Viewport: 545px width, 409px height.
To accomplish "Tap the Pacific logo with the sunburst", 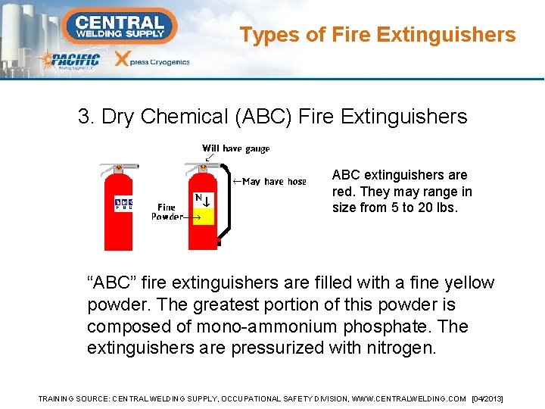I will pos(69,61).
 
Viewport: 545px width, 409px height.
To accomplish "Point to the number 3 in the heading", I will pos(84,117).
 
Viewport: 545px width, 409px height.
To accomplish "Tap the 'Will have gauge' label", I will pos(235,148).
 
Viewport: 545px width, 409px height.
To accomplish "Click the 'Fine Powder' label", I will pos(167,211).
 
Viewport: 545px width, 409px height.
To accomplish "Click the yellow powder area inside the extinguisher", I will pos(203,217).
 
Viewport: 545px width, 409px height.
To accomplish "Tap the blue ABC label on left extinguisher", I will pos(123,204).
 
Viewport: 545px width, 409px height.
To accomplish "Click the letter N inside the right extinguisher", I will pos(198,198).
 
